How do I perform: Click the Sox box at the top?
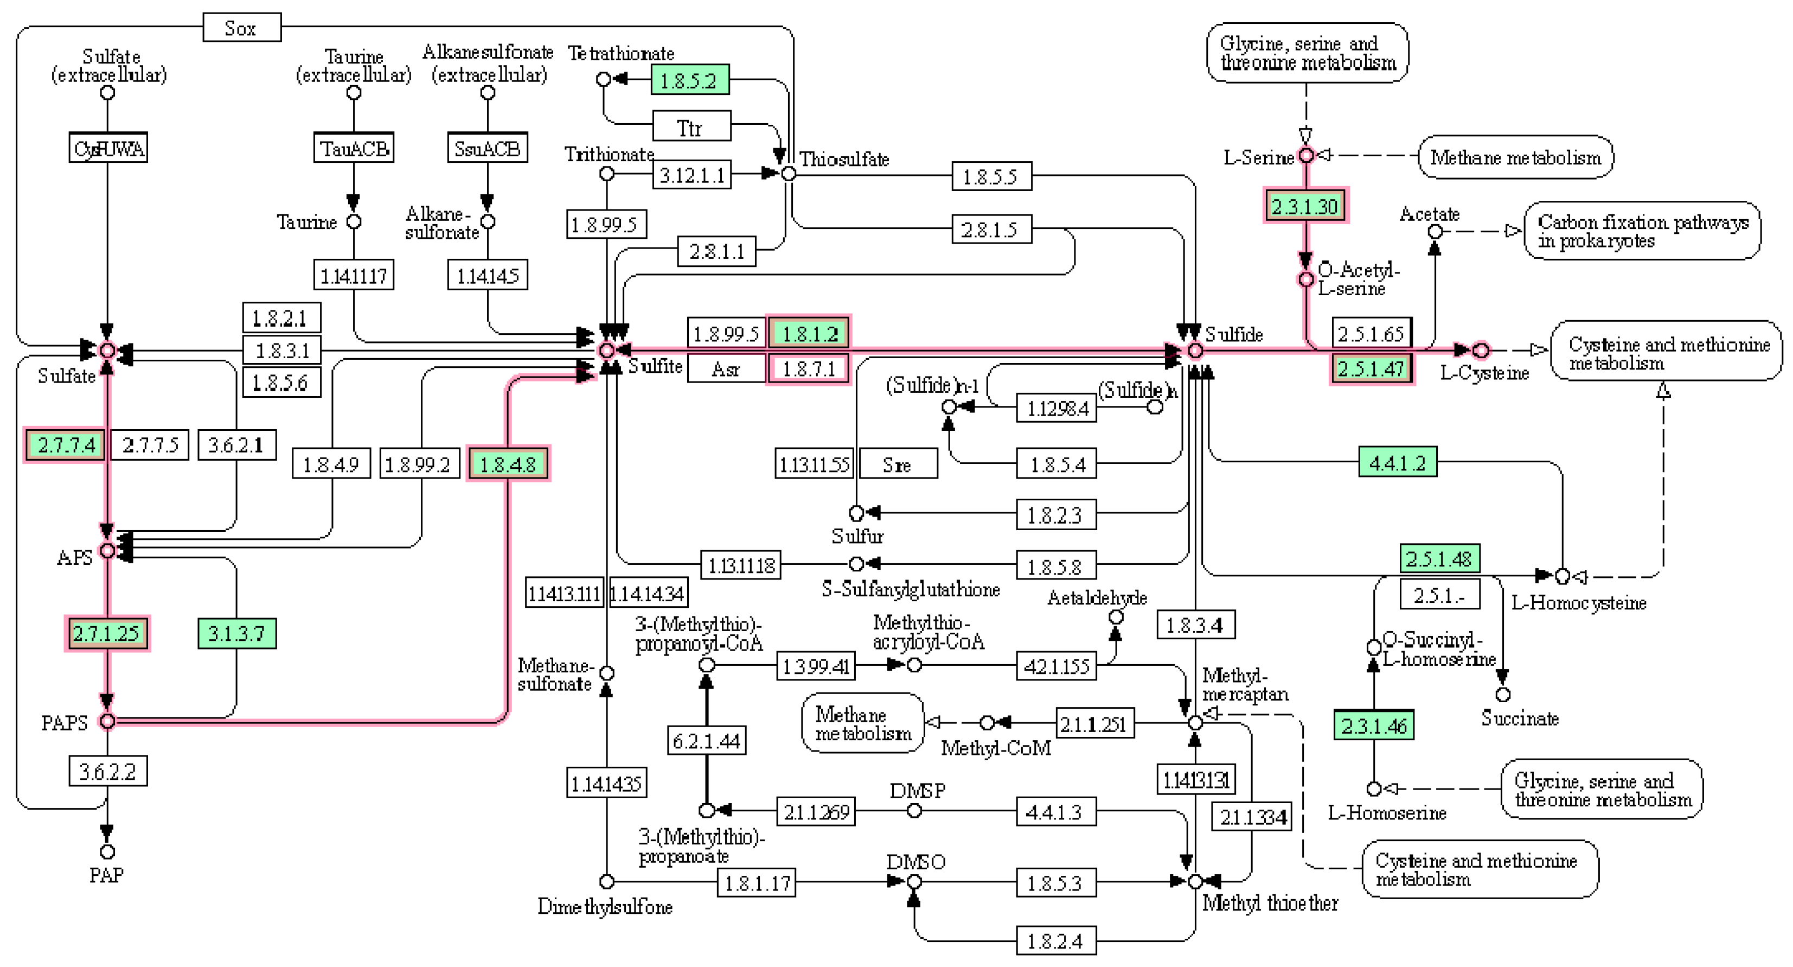241,28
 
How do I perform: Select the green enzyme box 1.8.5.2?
689,80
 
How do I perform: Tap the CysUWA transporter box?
108,148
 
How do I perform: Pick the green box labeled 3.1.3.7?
236,633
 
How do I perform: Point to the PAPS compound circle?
107,721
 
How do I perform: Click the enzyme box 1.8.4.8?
508,463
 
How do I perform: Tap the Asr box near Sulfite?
726,368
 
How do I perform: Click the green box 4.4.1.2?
1397,462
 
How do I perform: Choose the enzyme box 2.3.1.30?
1305,206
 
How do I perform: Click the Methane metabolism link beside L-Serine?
1515,157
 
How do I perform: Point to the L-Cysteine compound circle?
1481,350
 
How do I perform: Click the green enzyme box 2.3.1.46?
1373,726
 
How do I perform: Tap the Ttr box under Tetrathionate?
690,128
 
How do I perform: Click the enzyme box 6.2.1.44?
707,741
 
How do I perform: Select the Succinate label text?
1520,718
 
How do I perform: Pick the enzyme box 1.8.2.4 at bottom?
1055,941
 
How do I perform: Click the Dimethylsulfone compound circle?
607,882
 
